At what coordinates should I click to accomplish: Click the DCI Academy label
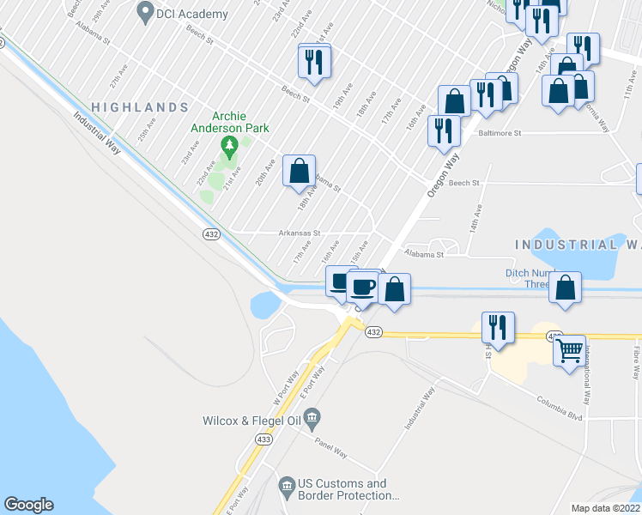[x=191, y=14]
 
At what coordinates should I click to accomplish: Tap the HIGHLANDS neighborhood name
[x=140, y=107]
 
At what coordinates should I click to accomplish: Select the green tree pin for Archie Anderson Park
[x=229, y=145]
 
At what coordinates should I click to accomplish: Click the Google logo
[x=28, y=505]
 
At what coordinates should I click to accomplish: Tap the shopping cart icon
[x=570, y=351]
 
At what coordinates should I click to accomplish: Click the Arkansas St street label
[x=299, y=232]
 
